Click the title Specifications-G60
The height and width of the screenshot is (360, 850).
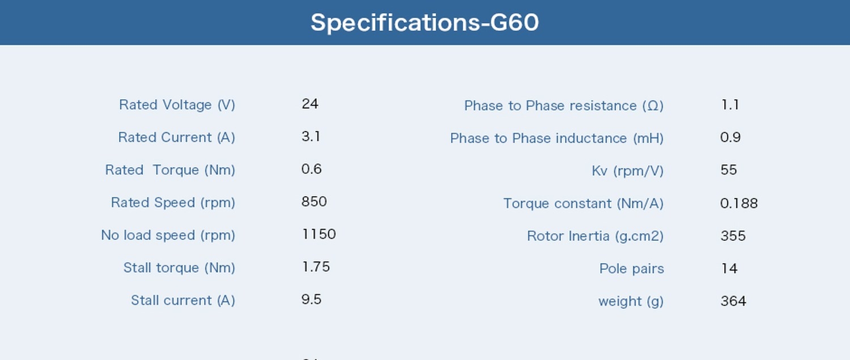pyautogui.click(x=424, y=23)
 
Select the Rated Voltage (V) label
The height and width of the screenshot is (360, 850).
pyautogui.click(x=177, y=105)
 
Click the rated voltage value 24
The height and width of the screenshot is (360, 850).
pyautogui.click(x=310, y=104)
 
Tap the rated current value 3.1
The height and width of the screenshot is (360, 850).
pyautogui.click(x=311, y=136)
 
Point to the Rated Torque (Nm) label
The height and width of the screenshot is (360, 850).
pyautogui.click(x=170, y=170)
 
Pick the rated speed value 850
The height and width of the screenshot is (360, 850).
pyautogui.click(x=314, y=202)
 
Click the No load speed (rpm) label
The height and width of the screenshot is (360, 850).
pyautogui.click(x=168, y=235)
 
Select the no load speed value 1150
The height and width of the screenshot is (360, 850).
pyautogui.click(x=318, y=234)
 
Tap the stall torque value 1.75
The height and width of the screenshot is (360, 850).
pyautogui.click(x=316, y=267)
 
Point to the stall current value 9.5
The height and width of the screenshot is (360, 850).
pyautogui.click(x=312, y=299)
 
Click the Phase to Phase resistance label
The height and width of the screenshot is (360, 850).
pyautogui.click(x=564, y=105)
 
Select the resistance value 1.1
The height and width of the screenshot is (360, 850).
pyautogui.click(x=730, y=104)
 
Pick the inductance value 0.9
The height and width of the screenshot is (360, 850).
pyautogui.click(x=730, y=137)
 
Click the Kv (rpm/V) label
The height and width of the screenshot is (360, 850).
pyautogui.click(x=628, y=171)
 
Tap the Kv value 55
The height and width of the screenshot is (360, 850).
pyautogui.click(x=729, y=170)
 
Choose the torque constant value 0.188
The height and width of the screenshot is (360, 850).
pyautogui.click(x=739, y=203)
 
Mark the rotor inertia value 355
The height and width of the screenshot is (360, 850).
pyautogui.click(x=733, y=236)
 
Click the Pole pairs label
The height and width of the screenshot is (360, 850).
pyautogui.click(x=632, y=269)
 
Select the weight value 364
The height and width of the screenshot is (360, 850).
pyautogui.click(x=733, y=301)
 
